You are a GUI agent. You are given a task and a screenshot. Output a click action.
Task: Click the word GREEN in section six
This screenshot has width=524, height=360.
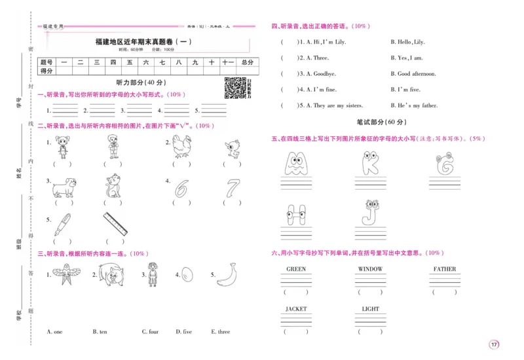(296, 269)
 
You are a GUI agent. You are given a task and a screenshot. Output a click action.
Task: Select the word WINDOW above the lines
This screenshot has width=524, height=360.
(370, 269)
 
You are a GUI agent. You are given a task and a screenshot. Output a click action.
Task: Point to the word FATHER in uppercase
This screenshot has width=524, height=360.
(445, 269)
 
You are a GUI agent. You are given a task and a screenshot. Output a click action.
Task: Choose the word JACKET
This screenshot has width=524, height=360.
(296, 309)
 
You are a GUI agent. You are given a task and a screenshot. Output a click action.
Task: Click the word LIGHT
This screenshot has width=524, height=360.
(370, 309)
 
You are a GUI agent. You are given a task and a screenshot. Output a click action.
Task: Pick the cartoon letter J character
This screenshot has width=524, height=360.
(371, 212)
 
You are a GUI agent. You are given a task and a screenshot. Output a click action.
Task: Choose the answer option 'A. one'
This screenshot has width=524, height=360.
(55, 332)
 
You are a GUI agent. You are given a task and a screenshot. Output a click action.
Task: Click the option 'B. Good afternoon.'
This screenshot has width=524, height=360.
(413, 74)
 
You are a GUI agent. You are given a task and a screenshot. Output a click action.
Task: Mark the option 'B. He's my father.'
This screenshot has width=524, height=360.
(414, 105)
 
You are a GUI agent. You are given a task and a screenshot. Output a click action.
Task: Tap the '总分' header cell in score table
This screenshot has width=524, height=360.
(246, 62)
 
